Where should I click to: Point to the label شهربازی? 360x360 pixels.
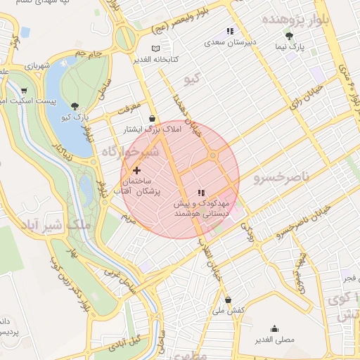click(x=39, y=66)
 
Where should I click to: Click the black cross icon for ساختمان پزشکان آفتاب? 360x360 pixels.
click(x=136, y=169)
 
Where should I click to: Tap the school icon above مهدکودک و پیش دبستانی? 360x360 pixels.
click(x=201, y=192)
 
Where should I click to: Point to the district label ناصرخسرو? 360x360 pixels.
click(x=277, y=177)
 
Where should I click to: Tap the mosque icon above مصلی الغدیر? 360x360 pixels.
click(x=274, y=328)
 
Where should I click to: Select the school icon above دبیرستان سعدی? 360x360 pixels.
click(x=229, y=31)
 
